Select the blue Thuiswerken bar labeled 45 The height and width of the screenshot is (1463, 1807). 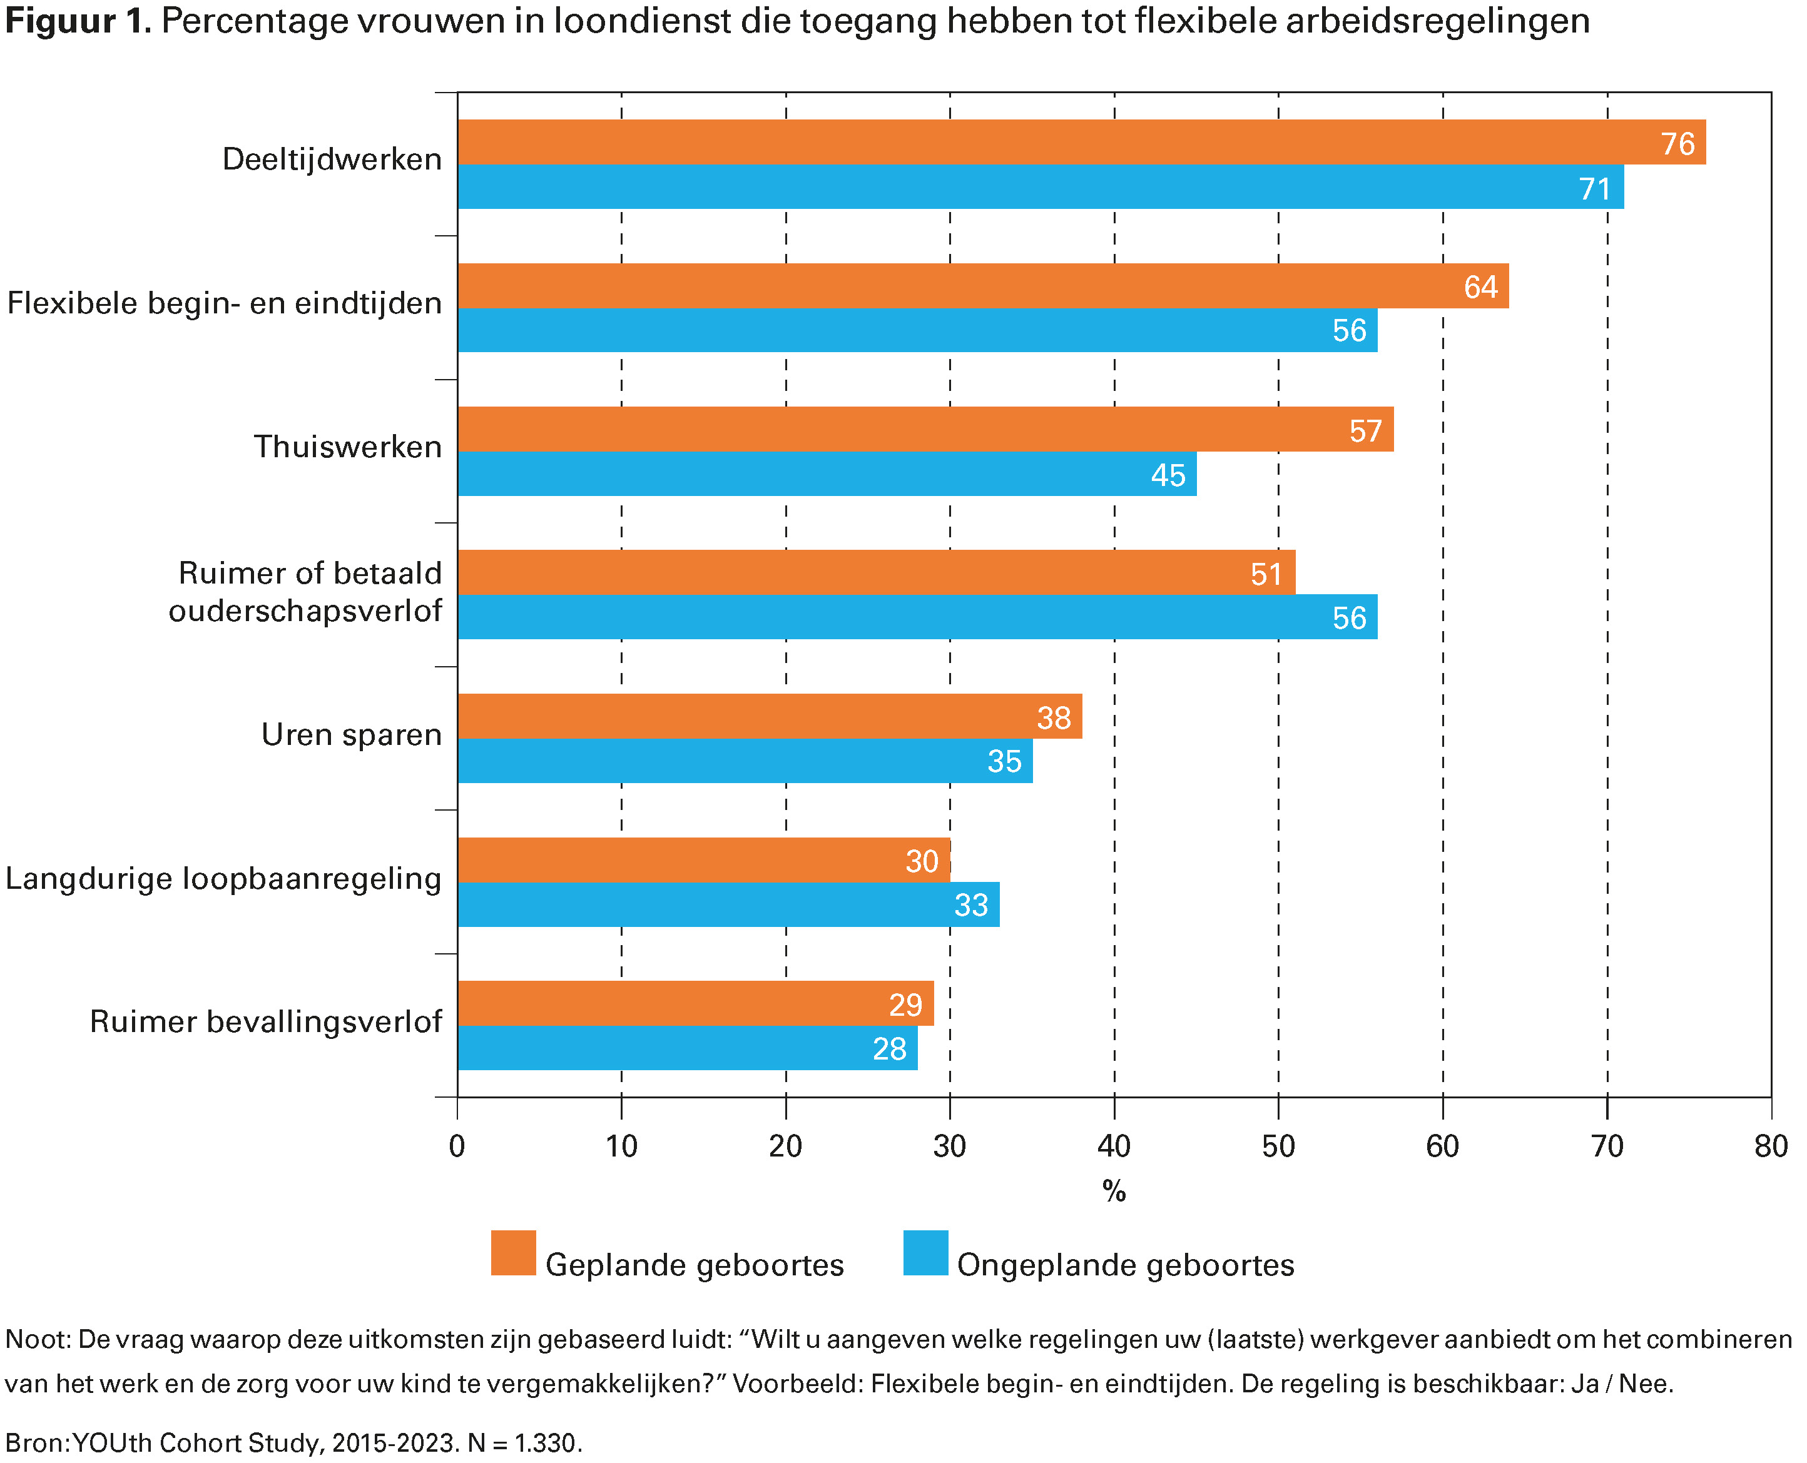(826, 473)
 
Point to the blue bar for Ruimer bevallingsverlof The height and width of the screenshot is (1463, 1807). (687, 1048)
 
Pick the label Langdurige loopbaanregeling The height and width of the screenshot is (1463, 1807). (223, 878)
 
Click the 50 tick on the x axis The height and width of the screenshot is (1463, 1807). (1278, 1145)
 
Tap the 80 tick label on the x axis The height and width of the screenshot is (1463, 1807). (1771, 1145)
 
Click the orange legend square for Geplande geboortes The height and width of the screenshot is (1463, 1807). (513, 1253)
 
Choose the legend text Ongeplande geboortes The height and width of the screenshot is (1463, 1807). (1125, 1265)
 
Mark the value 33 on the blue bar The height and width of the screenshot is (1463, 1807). (971, 905)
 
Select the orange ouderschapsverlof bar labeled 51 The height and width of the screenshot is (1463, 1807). (877, 572)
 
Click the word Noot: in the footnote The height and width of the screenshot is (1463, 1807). (38, 1339)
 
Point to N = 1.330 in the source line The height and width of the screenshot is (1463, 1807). (522, 1444)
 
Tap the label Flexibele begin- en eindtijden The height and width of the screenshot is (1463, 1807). (224, 303)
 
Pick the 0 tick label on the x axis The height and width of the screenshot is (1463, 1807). (457, 1145)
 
